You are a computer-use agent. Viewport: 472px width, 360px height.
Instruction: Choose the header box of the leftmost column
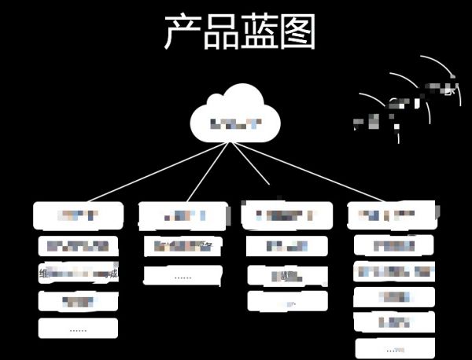79,215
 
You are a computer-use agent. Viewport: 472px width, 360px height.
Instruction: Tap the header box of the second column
183,215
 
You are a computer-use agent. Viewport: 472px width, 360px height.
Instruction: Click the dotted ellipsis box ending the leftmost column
78,329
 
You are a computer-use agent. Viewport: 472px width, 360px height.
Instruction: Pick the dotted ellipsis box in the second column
183,276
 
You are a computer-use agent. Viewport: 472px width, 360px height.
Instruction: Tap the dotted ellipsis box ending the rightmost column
394,348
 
